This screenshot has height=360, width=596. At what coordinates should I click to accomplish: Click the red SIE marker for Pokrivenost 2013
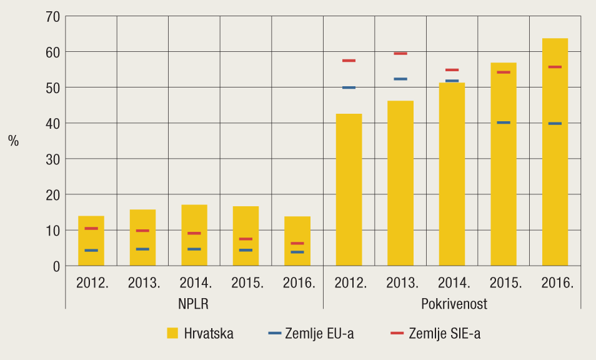(x=400, y=54)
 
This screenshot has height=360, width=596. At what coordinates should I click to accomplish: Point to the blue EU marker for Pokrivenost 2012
(x=349, y=87)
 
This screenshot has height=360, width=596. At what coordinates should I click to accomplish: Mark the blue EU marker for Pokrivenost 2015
(x=504, y=122)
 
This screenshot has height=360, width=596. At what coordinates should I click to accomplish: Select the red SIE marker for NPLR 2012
(x=91, y=229)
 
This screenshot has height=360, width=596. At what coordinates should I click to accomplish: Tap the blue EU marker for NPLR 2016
(x=297, y=252)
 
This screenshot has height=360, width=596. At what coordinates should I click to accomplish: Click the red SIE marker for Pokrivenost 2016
(x=555, y=67)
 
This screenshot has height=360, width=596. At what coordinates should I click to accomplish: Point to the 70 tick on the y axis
(x=52, y=16)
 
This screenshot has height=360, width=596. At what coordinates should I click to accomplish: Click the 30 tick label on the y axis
(x=52, y=159)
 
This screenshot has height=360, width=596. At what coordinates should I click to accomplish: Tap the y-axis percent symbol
(x=13, y=141)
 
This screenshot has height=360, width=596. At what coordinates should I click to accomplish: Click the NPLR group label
(x=194, y=304)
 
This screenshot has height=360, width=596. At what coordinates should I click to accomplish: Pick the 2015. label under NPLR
(x=246, y=282)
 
